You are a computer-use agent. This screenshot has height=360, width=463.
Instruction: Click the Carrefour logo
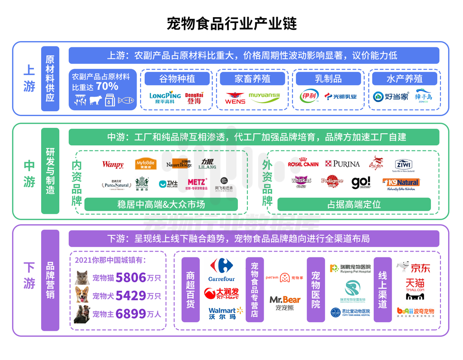click(x=222, y=270)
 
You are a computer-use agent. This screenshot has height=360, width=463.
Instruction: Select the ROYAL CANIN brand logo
click(x=303, y=164)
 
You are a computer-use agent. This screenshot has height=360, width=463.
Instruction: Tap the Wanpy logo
click(x=113, y=165)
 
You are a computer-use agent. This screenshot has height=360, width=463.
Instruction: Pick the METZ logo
click(x=198, y=183)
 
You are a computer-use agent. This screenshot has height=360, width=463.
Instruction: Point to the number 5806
click(x=131, y=277)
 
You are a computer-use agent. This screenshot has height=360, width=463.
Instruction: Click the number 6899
click(x=131, y=313)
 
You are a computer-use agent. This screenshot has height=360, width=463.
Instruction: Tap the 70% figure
click(x=107, y=86)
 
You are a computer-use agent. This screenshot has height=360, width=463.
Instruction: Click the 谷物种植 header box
click(x=177, y=79)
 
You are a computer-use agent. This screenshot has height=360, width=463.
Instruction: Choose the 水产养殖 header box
click(x=404, y=79)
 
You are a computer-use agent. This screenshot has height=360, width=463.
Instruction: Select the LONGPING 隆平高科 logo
click(x=165, y=98)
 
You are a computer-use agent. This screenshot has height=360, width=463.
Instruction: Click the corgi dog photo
click(x=82, y=295)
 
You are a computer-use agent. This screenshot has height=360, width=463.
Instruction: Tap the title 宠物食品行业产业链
click(x=231, y=23)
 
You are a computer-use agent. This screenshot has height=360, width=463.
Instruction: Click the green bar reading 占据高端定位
click(x=354, y=204)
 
